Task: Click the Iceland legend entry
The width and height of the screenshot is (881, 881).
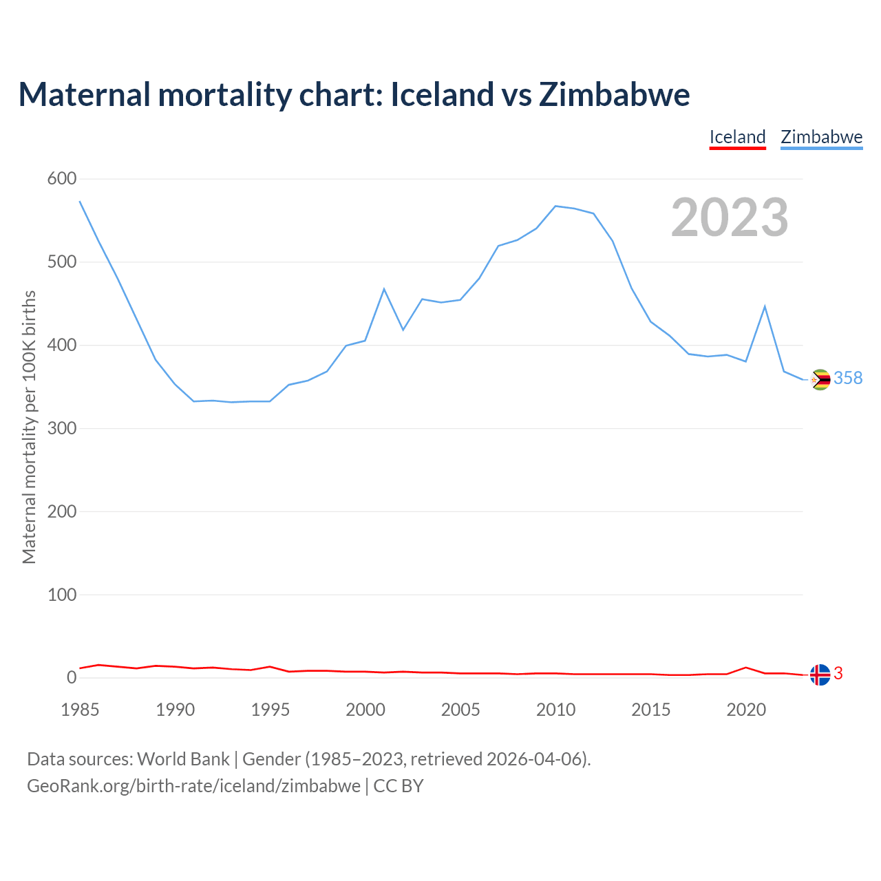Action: point(737,137)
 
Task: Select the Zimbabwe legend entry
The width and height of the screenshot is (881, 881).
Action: point(821,137)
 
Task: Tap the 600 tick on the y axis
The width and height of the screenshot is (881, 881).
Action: point(62,179)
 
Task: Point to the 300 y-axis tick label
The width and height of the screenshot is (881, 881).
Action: point(62,428)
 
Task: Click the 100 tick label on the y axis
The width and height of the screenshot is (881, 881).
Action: point(62,595)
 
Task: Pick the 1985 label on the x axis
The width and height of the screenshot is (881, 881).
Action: point(80,710)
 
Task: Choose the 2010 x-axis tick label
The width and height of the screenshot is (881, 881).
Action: point(555,710)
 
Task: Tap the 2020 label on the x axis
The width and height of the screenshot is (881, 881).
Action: point(746,710)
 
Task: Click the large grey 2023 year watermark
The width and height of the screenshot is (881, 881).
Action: point(730,217)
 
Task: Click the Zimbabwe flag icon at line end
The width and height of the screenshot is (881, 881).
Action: point(820,379)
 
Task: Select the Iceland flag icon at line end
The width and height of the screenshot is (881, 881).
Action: point(820,675)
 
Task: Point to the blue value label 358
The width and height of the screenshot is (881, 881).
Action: point(848,379)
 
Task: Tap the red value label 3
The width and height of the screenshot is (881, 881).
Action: point(838,674)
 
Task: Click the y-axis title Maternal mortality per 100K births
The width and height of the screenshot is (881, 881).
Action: point(29,427)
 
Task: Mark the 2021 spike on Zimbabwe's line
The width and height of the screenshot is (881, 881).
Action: point(765,306)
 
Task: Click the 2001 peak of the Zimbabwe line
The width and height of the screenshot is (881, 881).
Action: point(384,289)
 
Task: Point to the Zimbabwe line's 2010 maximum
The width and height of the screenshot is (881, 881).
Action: point(555,206)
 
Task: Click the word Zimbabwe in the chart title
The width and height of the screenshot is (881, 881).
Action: point(614,94)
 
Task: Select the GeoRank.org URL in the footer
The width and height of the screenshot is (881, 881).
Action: point(193,785)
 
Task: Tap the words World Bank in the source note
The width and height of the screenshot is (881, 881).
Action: point(183,759)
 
